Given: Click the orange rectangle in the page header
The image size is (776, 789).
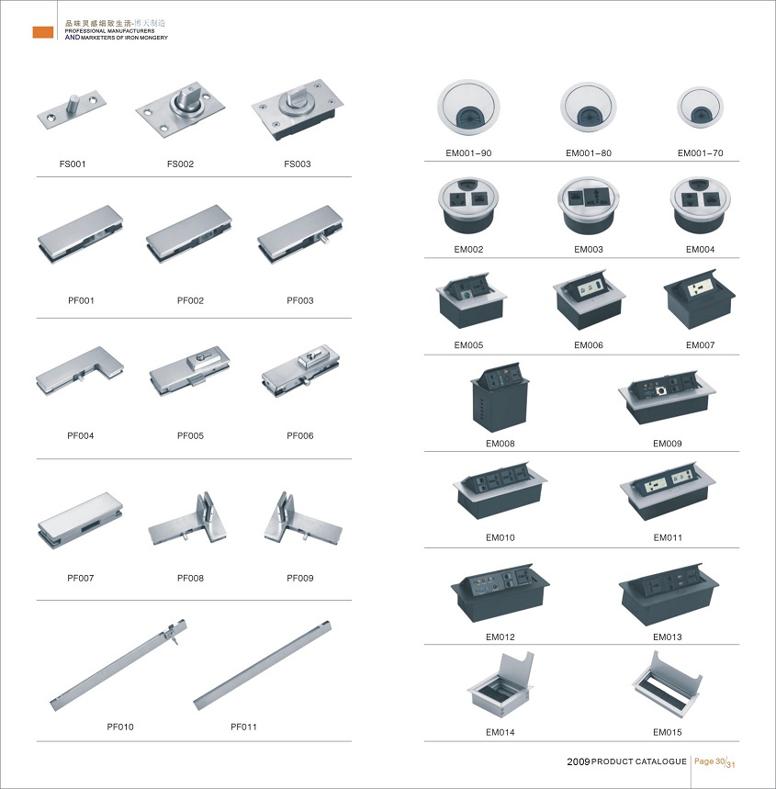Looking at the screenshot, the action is [x=43, y=32].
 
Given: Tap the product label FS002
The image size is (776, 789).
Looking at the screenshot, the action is [x=180, y=164].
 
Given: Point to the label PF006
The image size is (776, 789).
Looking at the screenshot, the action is [x=300, y=435].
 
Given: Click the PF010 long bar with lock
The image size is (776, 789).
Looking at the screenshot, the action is [x=118, y=665].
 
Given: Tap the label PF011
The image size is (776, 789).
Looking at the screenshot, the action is [x=243, y=727].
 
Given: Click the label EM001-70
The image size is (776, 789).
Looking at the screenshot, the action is [x=700, y=153].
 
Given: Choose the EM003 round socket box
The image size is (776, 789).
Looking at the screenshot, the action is [x=589, y=205].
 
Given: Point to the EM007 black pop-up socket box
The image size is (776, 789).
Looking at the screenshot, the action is [x=700, y=299].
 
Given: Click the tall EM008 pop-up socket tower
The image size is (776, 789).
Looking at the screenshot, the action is [x=500, y=396].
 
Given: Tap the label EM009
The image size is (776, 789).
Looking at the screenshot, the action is [x=668, y=444].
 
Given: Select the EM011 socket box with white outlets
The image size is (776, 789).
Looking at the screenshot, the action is [x=668, y=492].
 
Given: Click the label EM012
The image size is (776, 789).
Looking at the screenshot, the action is [x=500, y=637].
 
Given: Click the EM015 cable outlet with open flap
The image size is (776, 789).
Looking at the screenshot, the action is [x=667, y=681].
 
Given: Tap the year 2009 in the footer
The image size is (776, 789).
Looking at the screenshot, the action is [x=579, y=761].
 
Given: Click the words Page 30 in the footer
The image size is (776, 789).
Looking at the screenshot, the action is [x=710, y=761].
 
